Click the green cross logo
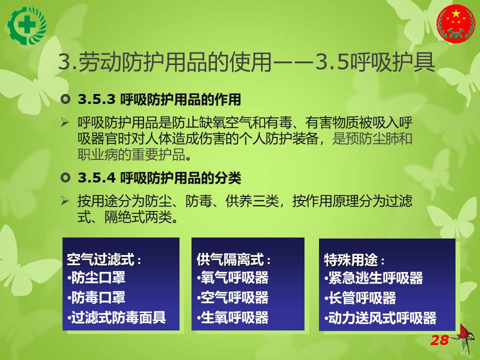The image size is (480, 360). coord(27,26)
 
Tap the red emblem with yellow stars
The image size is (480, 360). coord(456,23)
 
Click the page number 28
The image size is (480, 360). coord(439,340)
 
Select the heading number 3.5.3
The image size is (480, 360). coord(96,99)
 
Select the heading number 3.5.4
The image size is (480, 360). coord(96,178)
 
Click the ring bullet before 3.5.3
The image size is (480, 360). coord(65,99)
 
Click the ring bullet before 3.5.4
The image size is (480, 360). coord(65,177)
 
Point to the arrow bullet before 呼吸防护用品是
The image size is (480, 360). coord(64,122)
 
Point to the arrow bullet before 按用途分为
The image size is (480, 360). coord(64,201)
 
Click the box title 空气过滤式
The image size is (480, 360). coord(100,259)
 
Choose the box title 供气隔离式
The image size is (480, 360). coord(230,259)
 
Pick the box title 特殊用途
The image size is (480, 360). coord(351,260)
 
